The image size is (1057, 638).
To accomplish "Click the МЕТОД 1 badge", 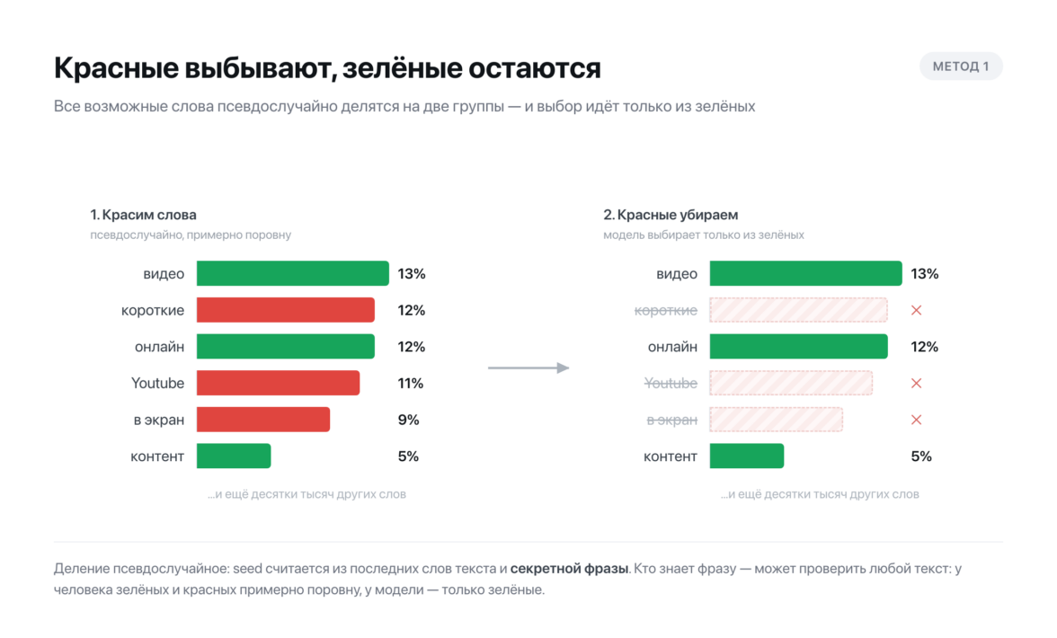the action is (x=961, y=66).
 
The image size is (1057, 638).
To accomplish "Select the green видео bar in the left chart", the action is (x=293, y=273).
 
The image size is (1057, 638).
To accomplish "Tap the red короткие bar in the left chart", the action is (x=285, y=310).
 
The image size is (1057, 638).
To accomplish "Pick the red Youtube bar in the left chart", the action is (x=278, y=383).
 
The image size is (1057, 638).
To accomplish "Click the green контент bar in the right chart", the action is (x=746, y=456).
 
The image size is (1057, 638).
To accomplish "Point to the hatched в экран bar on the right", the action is (x=776, y=420).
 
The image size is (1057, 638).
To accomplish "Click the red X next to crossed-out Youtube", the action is (x=916, y=384).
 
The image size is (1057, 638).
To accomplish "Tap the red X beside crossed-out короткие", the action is (x=916, y=311).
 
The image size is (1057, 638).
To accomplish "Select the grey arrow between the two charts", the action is (x=528, y=368).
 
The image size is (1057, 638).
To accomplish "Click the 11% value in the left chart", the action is (x=411, y=384).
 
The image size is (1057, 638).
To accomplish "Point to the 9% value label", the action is (x=408, y=420).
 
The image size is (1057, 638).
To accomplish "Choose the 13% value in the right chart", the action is (x=924, y=273).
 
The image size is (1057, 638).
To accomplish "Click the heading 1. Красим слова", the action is (x=144, y=215).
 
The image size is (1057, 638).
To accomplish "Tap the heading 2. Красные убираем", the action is (x=671, y=215).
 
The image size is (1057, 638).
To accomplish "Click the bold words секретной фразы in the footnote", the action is (x=569, y=569).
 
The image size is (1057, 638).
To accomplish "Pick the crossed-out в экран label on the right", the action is (x=672, y=420).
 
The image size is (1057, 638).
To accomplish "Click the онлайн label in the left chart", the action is (x=159, y=347).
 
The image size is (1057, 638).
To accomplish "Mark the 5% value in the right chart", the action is (x=920, y=456).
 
